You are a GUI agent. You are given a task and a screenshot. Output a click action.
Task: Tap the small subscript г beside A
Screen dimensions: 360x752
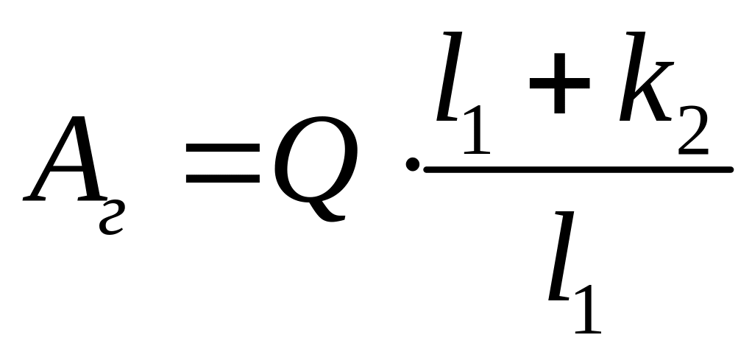click(x=110, y=218)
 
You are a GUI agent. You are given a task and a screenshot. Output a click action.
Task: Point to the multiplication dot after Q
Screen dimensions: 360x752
click(x=413, y=166)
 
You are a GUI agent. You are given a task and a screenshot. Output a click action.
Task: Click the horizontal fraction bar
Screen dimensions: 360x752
click(x=578, y=170)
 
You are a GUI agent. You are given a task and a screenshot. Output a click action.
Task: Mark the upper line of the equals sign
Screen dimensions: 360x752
click(x=223, y=147)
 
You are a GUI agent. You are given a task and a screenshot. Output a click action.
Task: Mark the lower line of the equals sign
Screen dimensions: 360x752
click(x=223, y=179)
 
